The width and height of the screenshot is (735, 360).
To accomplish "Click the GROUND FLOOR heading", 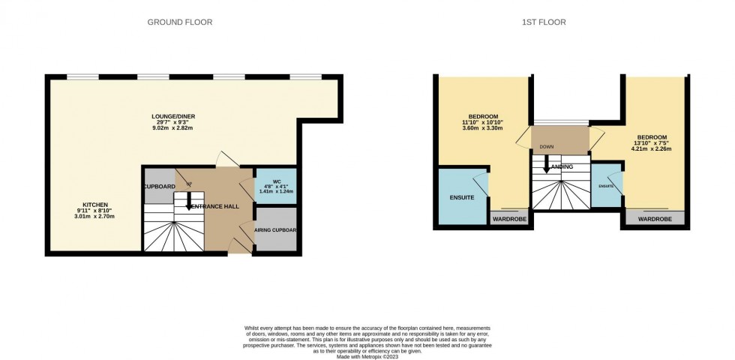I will click(x=179, y=22).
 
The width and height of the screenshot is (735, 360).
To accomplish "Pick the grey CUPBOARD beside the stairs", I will click(x=158, y=187).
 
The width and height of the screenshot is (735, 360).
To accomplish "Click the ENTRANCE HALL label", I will click(x=215, y=205).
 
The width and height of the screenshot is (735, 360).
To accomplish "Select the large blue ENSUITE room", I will click(x=462, y=197).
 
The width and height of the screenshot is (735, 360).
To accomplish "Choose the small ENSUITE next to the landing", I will click(x=606, y=185).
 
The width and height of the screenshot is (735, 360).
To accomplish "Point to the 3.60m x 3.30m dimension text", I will click(x=483, y=128).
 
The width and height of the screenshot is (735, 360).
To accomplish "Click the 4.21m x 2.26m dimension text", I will click(x=651, y=148).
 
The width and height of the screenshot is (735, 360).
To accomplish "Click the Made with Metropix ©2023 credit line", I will click(x=367, y=355).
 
